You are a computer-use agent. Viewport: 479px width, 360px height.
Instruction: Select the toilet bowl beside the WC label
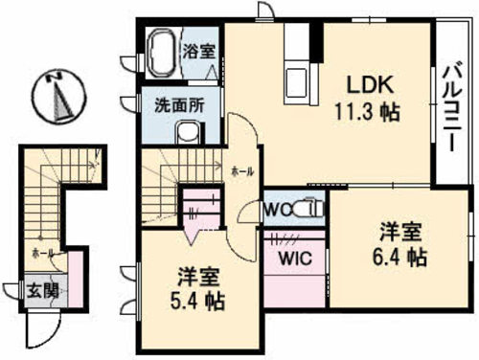click(308, 208)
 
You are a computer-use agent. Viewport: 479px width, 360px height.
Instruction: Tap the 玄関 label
click(36, 290)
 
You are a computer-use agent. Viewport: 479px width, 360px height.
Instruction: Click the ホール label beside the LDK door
click(243, 171)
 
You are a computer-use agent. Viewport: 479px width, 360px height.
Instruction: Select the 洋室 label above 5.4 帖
click(199, 280)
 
